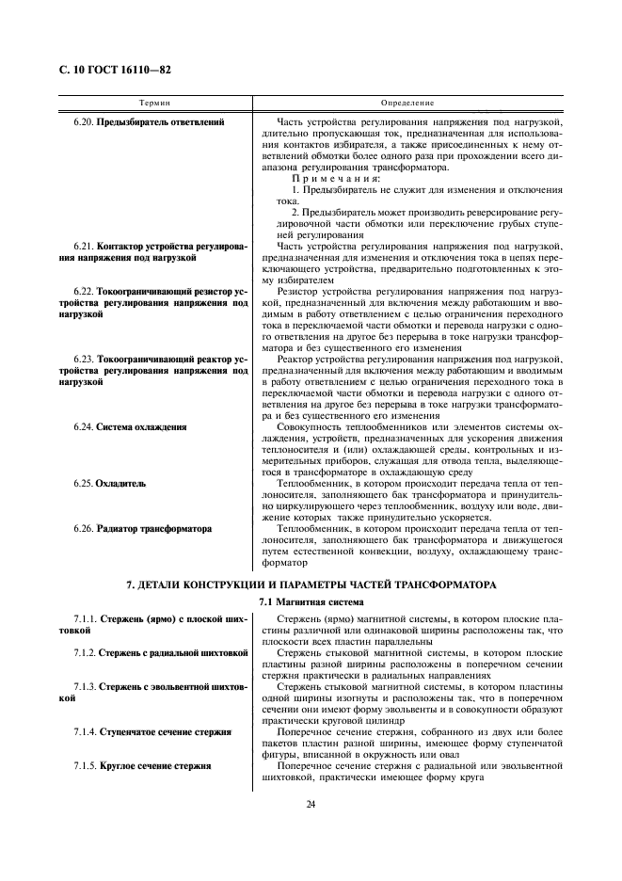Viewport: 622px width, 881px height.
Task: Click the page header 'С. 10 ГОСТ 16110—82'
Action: [116, 70]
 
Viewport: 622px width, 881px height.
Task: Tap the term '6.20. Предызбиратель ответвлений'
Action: [149, 122]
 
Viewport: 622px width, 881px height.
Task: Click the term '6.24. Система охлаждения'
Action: [130, 426]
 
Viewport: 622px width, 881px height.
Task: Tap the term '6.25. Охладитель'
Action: [109, 483]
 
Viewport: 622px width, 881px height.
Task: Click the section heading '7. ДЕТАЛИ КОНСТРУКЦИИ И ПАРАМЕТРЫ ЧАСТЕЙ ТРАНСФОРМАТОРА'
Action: [311, 585]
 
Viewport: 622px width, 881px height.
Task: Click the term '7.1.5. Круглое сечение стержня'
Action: [142, 765]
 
